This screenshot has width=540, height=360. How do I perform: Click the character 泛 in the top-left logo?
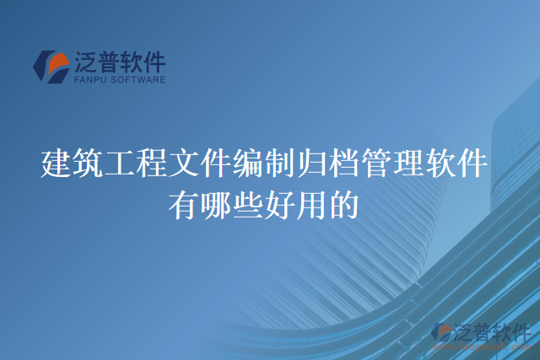click(x=87, y=62)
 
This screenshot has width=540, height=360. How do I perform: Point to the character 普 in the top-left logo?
click(x=113, y=62)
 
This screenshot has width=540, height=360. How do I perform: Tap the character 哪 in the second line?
click(x=214, y=205)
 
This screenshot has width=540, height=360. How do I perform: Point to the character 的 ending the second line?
click(x=343, y=205)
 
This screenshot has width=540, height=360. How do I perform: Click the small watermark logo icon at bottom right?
click(x=440, y=333)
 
